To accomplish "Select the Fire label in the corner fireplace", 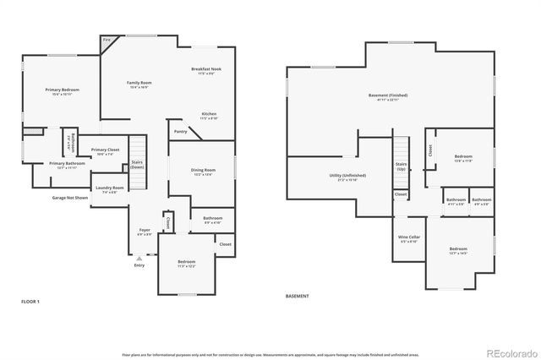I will point(107,40).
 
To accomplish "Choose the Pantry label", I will point(181,131).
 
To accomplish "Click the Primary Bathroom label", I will point(67,165).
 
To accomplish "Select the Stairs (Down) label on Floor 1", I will point(137,164).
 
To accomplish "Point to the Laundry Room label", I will point(109,188).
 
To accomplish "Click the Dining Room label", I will point(204,172).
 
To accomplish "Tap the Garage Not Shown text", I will point(69,198).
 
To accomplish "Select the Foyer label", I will point(145,231).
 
